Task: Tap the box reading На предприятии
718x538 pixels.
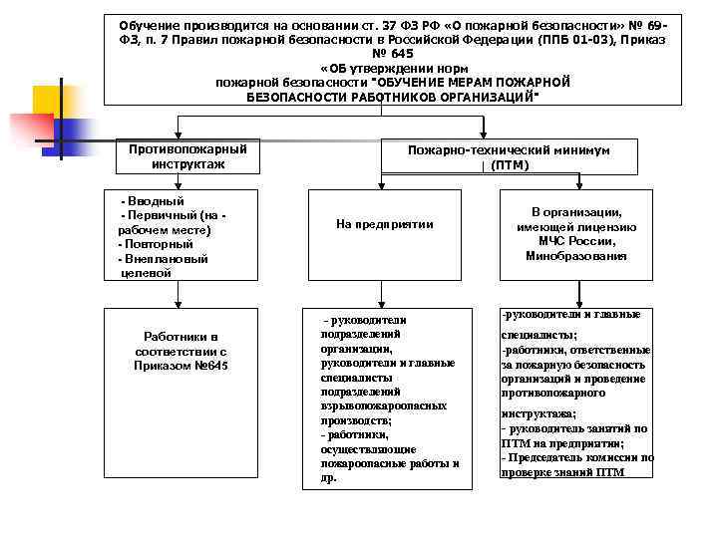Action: tap(385, 224)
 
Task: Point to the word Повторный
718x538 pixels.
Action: tap(158, 244)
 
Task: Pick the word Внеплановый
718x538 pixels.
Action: tap(166, 259)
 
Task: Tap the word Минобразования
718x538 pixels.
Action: tap(576, 256)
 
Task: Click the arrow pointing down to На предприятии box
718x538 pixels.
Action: tap(385, 179)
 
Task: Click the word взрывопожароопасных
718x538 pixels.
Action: tap(384, 406)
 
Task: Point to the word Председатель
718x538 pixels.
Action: tap(544, 457)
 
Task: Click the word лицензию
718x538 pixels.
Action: tap(608, 227)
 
